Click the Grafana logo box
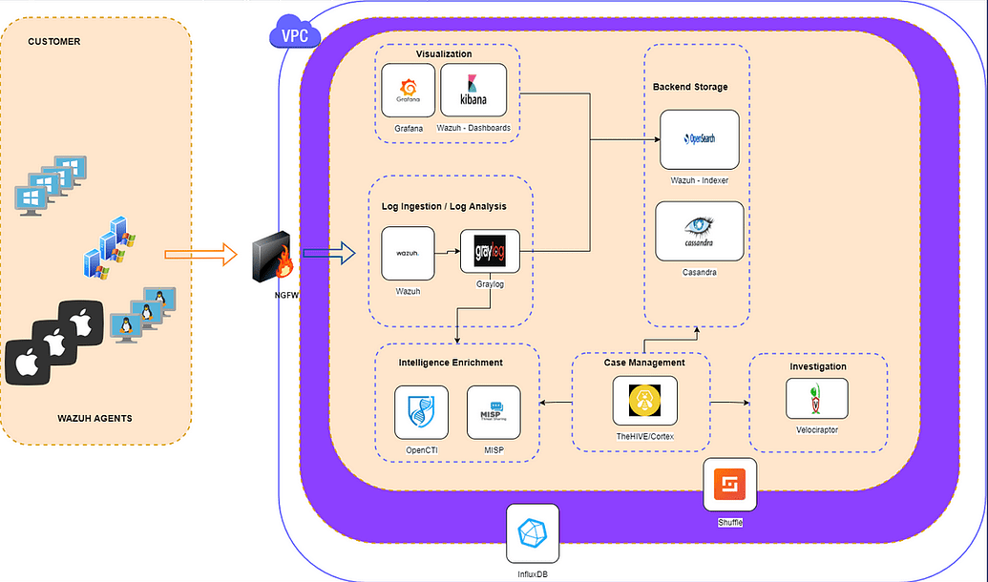coord(409,91)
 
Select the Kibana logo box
coord(473,91)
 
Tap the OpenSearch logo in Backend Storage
coord(700,138)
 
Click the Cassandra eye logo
coord(700,230)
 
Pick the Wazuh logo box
coord(408,252)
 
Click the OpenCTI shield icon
coord(421,412)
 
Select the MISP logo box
coord(494,412)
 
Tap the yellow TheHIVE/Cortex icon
coord(644,401)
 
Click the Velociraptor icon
coord(816,398)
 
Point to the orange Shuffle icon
coord(729,486)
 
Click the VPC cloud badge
coord(296,36)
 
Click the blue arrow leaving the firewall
coord(328,255)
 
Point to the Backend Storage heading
coord(690,87)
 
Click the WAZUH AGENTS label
coord(94,418)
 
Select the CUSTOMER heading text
coord(54,42)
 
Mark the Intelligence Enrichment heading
coord(451,363)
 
